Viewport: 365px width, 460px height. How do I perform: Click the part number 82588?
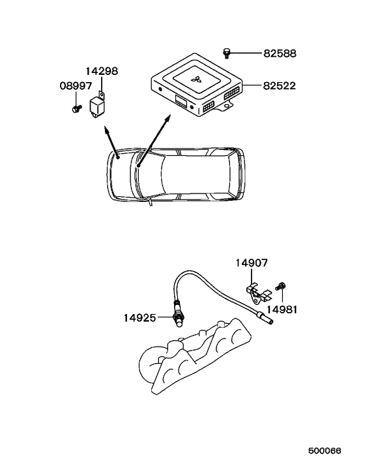click(x=280, y=53)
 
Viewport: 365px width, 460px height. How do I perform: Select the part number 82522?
click(x=280, y=85)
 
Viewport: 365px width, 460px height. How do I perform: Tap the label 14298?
click(x=102, y=71)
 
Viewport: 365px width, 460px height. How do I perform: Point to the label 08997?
click(x=76, y=86)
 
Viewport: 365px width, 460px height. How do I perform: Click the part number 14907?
click(x=252, y=263)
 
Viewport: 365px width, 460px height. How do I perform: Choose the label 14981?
click(x=282, y=309)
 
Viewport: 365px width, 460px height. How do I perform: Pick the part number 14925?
click(x=139, y=318)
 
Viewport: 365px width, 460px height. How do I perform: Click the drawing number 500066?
click(x=325, y=451)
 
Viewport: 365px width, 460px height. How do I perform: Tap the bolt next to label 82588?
click(x=226, y=53)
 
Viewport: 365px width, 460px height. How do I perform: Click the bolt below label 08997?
click(x=76, y=109)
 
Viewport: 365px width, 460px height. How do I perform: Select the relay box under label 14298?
click(x=98, y=106)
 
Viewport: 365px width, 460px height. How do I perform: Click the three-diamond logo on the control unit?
click(x=196, y=79)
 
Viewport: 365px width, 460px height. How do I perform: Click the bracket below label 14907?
click(x=257, y=293)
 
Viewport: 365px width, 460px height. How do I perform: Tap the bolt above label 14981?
click(x=280, y=286)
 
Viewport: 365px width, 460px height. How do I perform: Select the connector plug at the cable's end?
click(x=265, y=319)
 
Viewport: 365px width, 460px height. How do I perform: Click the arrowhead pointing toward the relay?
click(x=106, y=130)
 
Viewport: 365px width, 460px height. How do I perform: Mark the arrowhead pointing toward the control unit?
click(x=168, y=118)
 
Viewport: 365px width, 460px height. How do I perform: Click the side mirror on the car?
click(x=150, y=202)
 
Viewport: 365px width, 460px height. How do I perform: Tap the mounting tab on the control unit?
click(x=226, y=106)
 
